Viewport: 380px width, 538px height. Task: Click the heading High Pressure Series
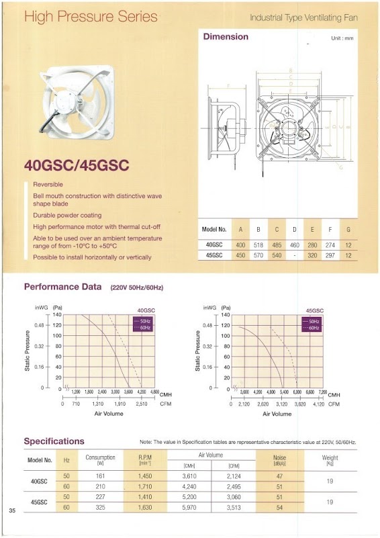click(91, 16)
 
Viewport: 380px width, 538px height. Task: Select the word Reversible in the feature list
click(48, 184)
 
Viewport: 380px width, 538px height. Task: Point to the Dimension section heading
click(226, 37)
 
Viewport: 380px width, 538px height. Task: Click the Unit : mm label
click(342, 39)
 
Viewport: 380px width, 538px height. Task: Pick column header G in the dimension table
click(347, 229)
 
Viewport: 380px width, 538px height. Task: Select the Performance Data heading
click(63, 287)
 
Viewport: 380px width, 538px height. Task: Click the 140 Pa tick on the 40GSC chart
click(57, 314)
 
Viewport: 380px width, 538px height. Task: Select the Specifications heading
click(54, 441)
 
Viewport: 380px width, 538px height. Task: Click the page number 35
click(12, 512)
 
